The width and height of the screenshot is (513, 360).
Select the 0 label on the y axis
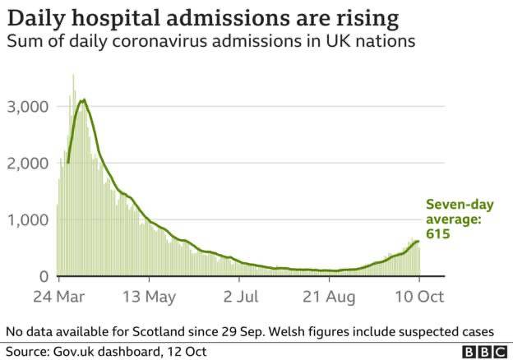click(x=43, y=277)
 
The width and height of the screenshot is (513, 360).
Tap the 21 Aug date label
click(x=329, y=297)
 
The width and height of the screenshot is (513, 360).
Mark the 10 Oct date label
click(x=419, y=297)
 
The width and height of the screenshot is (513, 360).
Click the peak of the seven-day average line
click(x=82, y=100)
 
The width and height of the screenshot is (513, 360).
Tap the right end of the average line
click(x=418, y=242)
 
